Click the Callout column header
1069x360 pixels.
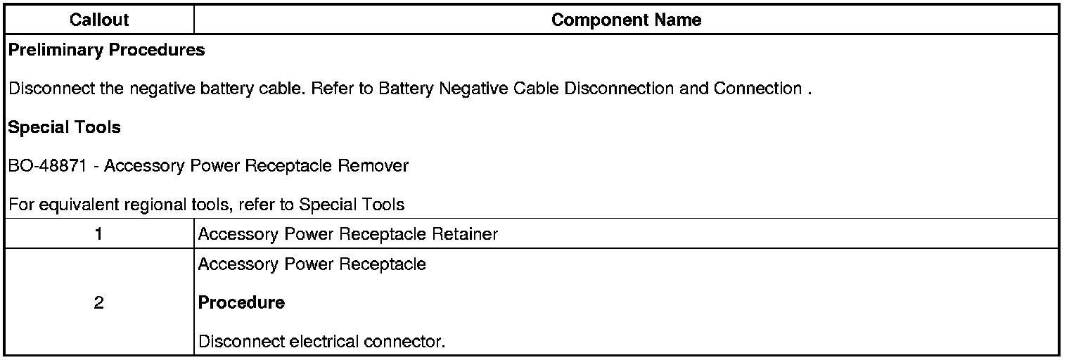pyautogui.click(x=99, y=20)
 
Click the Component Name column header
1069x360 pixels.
pyautogui.click(x=626, y=20)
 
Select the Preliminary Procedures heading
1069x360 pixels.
pyautogui.click(x=107, y=51)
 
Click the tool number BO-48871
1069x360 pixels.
pyautogui.click(x=48, y=167)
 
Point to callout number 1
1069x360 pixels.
pyautogui.click(x=99, y=235)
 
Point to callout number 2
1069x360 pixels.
pyautogui.click(x=99, y=303)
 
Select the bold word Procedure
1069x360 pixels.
pyautogui.click(x=241, y=303)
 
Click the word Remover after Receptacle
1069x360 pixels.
pyautogui.click(x=374, y=167)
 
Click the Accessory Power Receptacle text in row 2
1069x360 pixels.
pyautogui.click(x=312, y=264)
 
